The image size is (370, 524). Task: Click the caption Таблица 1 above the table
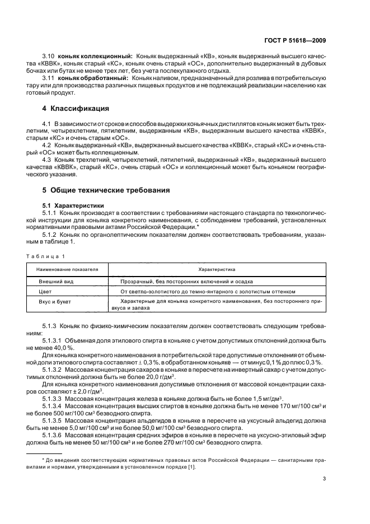click(x=45, y=256)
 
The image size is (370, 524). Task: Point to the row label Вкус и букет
click(x=55, y=302)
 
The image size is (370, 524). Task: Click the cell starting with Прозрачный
click(x=186, y=281)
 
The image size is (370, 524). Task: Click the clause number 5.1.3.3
click(x=53, y=399)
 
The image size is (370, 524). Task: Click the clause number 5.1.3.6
click(x=53, y=435)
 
